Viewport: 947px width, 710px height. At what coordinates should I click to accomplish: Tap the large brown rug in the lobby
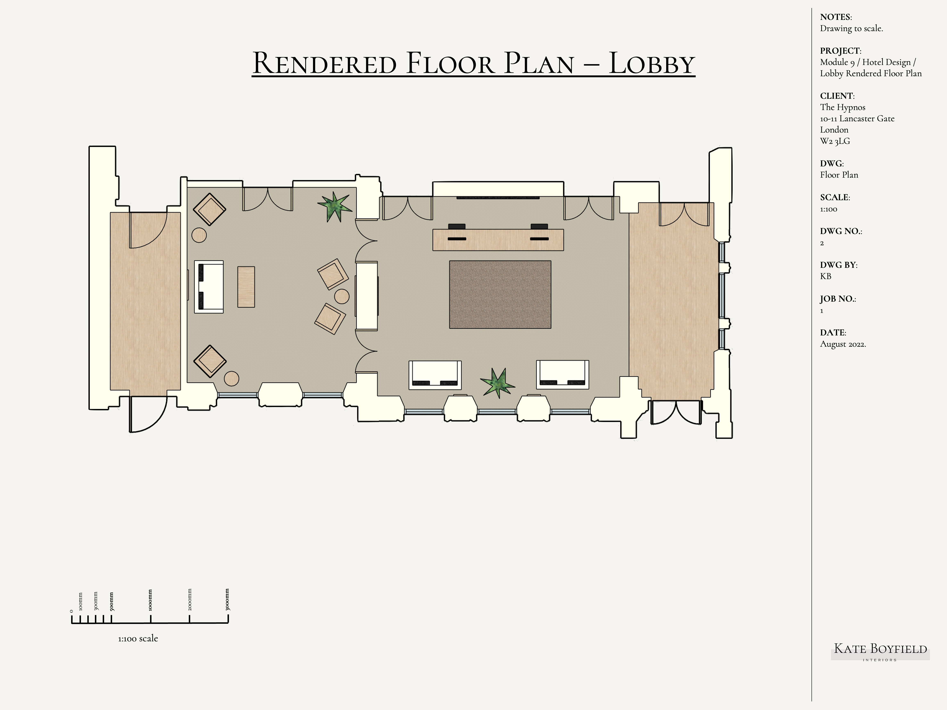(500, 294)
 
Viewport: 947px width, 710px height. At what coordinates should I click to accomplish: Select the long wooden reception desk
(498, 240)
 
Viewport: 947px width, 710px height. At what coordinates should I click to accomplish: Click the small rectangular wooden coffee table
(246, 287)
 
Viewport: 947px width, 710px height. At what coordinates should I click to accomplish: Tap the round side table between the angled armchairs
(342, 296)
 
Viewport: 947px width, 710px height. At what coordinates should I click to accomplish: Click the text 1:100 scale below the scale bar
(138, 638)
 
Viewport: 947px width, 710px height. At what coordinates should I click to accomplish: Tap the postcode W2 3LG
(835, 141)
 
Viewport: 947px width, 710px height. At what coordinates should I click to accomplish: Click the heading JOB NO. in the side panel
(838, 299)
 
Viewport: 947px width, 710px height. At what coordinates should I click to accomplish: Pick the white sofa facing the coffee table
(209, 287)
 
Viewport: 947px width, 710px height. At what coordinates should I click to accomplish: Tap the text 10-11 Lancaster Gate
(857, 119)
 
